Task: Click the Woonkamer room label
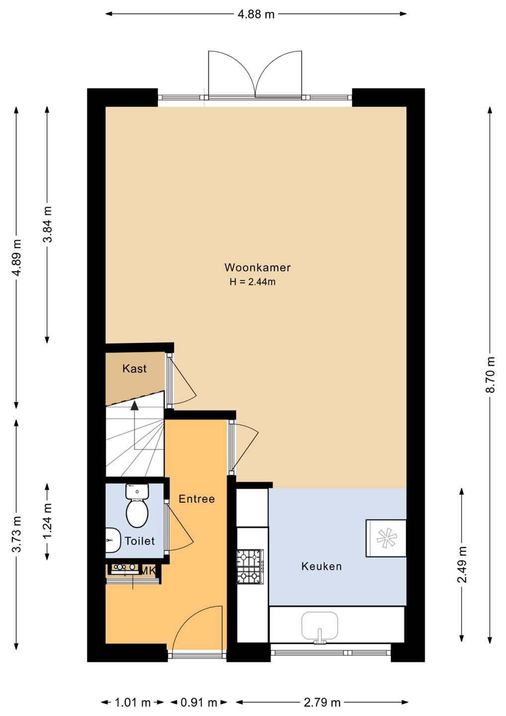point(257,267)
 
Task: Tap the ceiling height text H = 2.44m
point(253,282)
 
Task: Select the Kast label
point(135,368)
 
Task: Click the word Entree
point(196,499)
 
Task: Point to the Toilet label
point(140,541)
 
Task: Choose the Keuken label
point(322,566)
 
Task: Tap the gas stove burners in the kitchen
point(250,567)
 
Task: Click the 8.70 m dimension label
point(491,374)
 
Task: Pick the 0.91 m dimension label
point(199,702)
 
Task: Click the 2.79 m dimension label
point(322,702)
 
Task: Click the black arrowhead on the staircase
point(135,406)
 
